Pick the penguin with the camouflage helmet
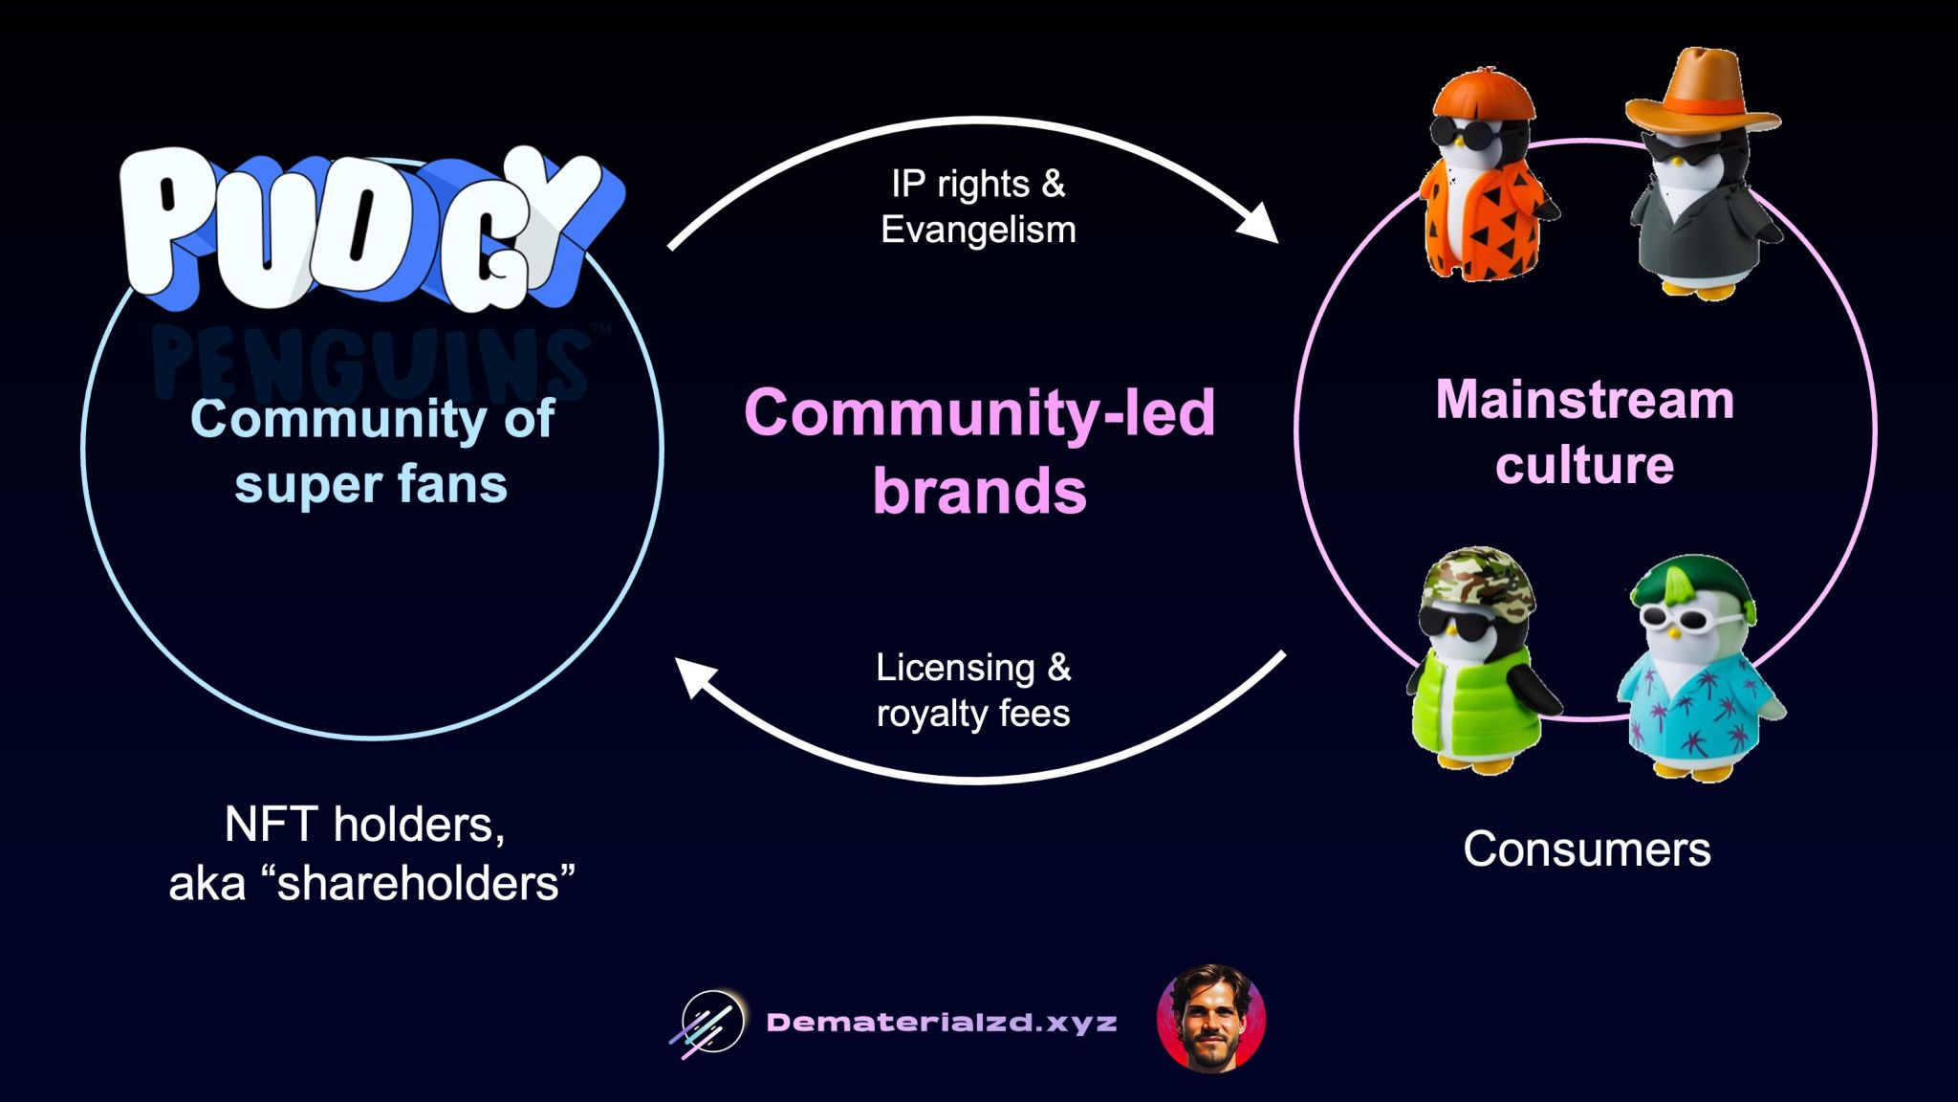point(1477,660)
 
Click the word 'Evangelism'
point(978,230)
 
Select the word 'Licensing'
point(954,667)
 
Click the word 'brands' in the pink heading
point(979,491)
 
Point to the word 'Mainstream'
point(1584,400)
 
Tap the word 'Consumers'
point(1586,849)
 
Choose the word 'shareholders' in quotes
point(419,882)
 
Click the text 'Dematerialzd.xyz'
point(941,1023)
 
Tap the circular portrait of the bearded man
point(1210,1019)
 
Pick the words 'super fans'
point(371,484)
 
